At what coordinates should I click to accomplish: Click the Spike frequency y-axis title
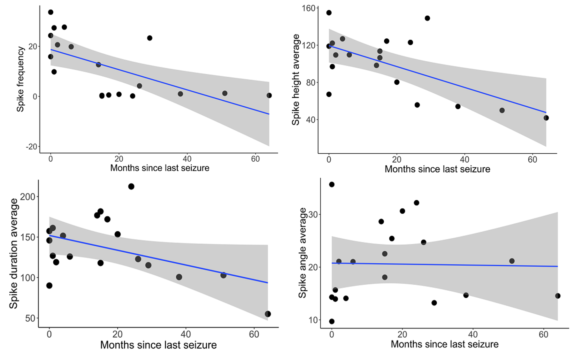(x=20, y=79)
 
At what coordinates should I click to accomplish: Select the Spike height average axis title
(x=296, y=80)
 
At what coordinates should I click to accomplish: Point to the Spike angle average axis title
(x=302, y=253)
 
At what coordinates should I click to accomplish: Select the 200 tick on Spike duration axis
(x=27, y=197)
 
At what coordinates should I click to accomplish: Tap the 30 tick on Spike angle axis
(x=313, y=214)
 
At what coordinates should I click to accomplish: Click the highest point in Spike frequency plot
(x=50, y=12)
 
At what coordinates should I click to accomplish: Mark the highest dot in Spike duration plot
(x=131, y=187)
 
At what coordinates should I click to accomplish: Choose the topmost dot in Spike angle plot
(x=332, y=185)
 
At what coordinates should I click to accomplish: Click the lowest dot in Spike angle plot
(x=332, y=321)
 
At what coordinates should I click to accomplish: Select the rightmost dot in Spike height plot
(x=546, y=118)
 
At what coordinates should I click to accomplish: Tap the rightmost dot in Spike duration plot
(x=268, y=314)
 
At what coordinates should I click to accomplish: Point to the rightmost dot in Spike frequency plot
(x=269, y=96)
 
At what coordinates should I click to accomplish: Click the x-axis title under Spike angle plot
(x=444, y=344)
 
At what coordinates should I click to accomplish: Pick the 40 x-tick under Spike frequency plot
(x=187, y=159)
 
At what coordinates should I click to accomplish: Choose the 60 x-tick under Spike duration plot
(x=254, y=334)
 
